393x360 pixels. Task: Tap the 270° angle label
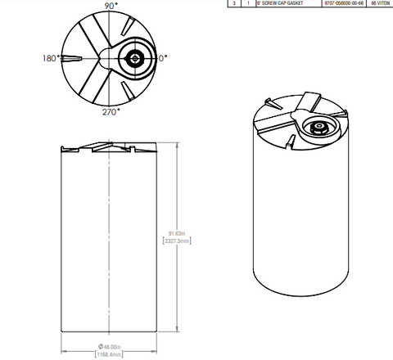(111, 111)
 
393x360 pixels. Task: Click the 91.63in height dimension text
(177, 234)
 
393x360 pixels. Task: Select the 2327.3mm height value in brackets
(178, 242)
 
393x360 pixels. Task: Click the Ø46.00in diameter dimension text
(109, 346)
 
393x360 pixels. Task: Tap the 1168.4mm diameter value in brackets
(109, 355)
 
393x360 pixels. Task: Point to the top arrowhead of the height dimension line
(178, 146)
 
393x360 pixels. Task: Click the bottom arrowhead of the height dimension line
(178, 331)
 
